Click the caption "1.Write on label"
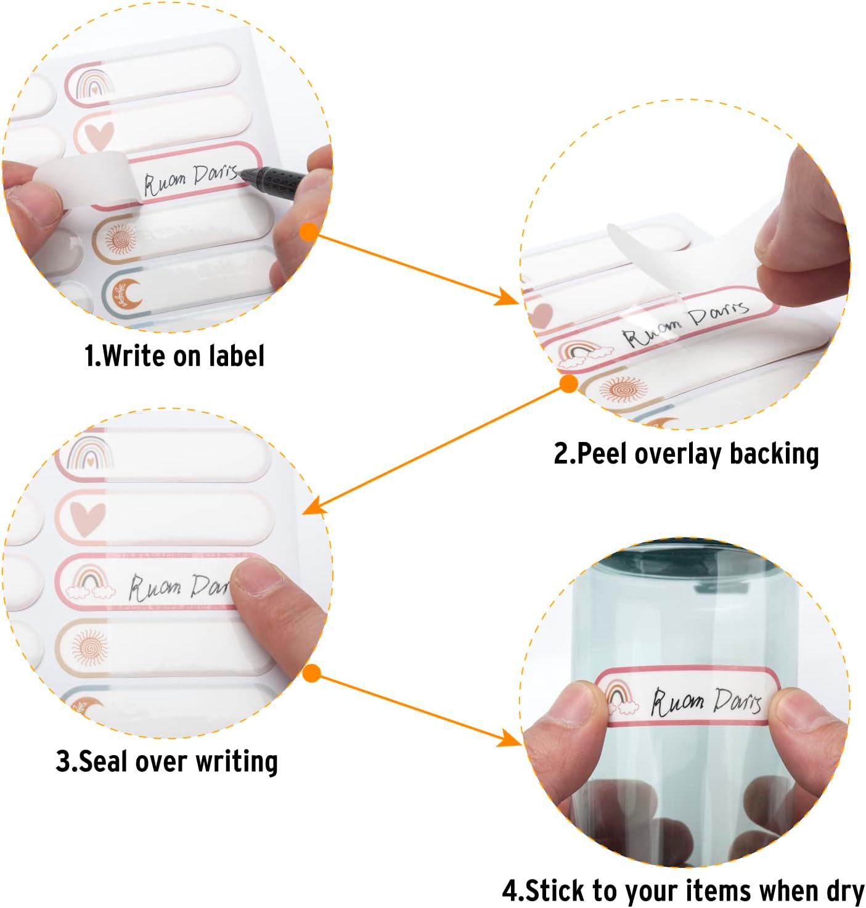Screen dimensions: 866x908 pyautogui.click(x=174, y=356)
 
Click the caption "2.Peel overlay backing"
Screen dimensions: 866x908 pyautogui.click(x=686, y=454)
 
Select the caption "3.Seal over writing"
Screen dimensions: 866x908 pyautogui.click(x=167, y=761)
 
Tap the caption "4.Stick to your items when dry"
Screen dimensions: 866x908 pyautogui.click(x=683, y=891)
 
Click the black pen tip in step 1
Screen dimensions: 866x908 pyautogui.click(x=243, y=174)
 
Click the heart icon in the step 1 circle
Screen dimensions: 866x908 pyautogui.click(x=99, y=136)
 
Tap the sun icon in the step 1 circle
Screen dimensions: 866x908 pyautogui.click(x=121, y=239)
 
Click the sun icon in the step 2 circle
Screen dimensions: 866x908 pyautogui.click(x=623, y=390)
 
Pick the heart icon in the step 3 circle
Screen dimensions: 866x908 pyautogui.click(x=88, y=518)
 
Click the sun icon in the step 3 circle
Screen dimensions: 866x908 pyautogui.click(x=91, y=645)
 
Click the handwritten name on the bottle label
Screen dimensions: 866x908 pyautogui.click(x=706, y=701)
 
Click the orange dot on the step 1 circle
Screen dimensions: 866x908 pyautogui.click(x=309, y=231)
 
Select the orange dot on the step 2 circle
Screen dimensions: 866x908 pyautogui.click(x=568, y=384)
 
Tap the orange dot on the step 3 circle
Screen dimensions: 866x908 pyautogui.click(x=312, y=673)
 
